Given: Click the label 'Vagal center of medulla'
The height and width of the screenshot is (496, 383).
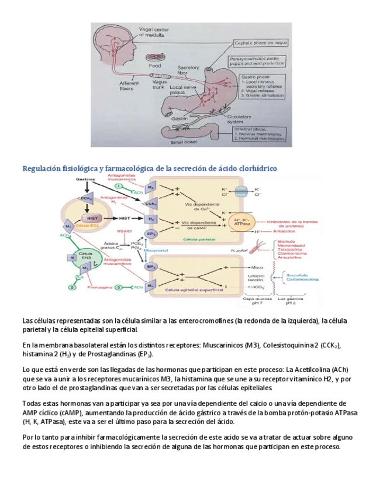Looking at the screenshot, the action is click(x=153, y=32).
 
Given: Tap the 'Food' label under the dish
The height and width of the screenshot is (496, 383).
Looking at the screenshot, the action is click(x=155, y=66).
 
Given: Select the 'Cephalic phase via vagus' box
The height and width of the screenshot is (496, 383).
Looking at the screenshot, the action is click(x=261, y=43).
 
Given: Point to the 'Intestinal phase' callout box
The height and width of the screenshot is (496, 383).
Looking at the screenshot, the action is click(x=261, y=135).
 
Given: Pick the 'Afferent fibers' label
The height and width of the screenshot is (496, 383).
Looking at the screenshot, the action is click(x=129, y=87).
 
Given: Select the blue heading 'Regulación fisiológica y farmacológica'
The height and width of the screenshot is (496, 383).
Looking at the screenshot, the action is click(x=150, y=168).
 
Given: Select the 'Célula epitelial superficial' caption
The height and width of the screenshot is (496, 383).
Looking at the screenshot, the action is click(x=190, y=289).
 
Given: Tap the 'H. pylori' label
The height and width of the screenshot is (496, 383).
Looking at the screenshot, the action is click(x=241, y=250).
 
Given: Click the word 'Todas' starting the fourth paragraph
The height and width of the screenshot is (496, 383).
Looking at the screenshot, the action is click(x=33, y=404).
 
